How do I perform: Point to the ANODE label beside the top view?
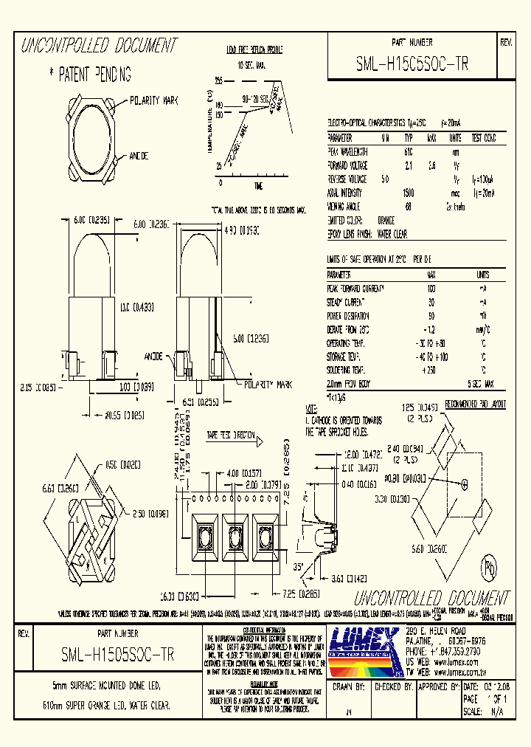[139, 156]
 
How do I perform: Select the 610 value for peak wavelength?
[408, 151]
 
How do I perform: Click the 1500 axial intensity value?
[408, 193]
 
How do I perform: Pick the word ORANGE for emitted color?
[386, 220]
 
